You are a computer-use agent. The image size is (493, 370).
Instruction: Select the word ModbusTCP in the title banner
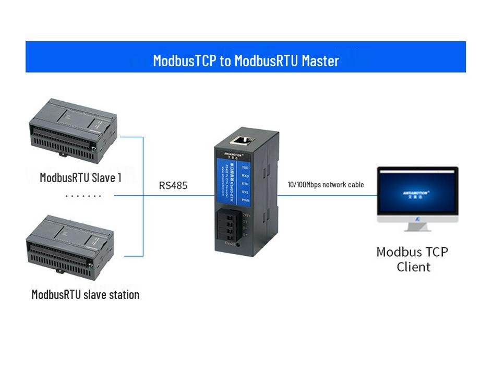click(x=185, y=61)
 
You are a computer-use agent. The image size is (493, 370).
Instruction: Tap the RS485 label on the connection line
click(x=173, y=185)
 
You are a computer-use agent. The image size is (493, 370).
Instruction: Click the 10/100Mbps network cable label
click(x=326, y=185)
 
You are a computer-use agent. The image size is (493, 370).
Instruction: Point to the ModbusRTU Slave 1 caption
click(x=81, y=177)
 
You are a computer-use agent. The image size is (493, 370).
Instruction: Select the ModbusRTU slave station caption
click(x=85, y=294)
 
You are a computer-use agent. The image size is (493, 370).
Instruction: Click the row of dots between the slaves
click(x=83, y=196)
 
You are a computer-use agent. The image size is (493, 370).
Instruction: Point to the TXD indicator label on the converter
click(x=245, y=168)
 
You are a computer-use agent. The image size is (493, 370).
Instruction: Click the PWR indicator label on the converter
click(x=245, y=200)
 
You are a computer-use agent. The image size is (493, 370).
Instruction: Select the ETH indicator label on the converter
click(x=245, y=184)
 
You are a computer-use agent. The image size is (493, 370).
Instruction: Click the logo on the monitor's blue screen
click(x=416, y=193)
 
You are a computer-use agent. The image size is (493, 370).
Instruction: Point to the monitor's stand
click(x=417, y=225)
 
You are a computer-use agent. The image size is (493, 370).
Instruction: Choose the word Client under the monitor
click(x=413, y=267)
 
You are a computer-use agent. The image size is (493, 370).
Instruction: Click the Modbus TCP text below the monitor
click(x=412, y=252)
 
